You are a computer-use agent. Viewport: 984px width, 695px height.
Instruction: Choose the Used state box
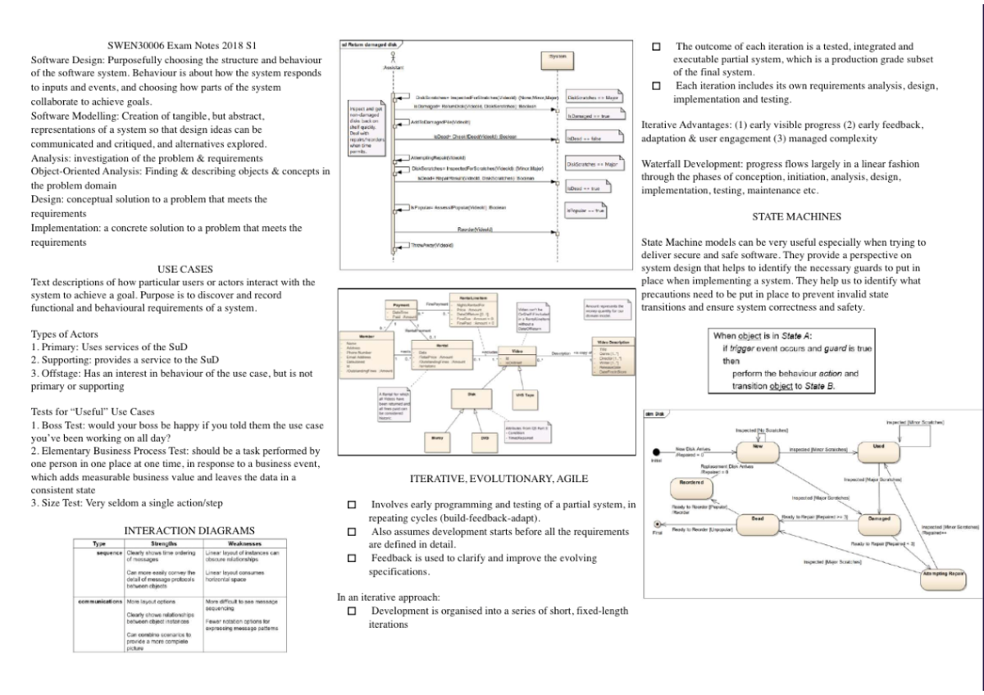(x=877, y=450)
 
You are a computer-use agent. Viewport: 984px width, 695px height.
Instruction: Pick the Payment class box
(x=402, y=310)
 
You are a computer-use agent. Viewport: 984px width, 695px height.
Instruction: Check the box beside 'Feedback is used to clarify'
(x=352, y=558)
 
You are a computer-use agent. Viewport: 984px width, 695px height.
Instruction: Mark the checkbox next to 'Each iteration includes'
(x=655, y=86)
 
